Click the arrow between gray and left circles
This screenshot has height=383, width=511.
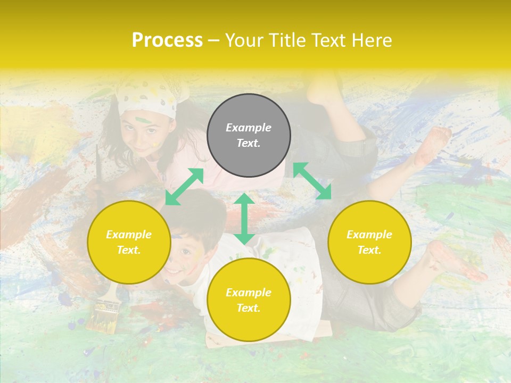point(184,186)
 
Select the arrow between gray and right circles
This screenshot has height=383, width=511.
point(312,181)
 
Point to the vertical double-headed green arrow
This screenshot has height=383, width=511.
point(244,219)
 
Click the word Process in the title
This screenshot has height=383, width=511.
point(167,40)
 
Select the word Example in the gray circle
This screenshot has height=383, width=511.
point(249,128)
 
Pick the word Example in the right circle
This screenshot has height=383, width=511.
point(369,235)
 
